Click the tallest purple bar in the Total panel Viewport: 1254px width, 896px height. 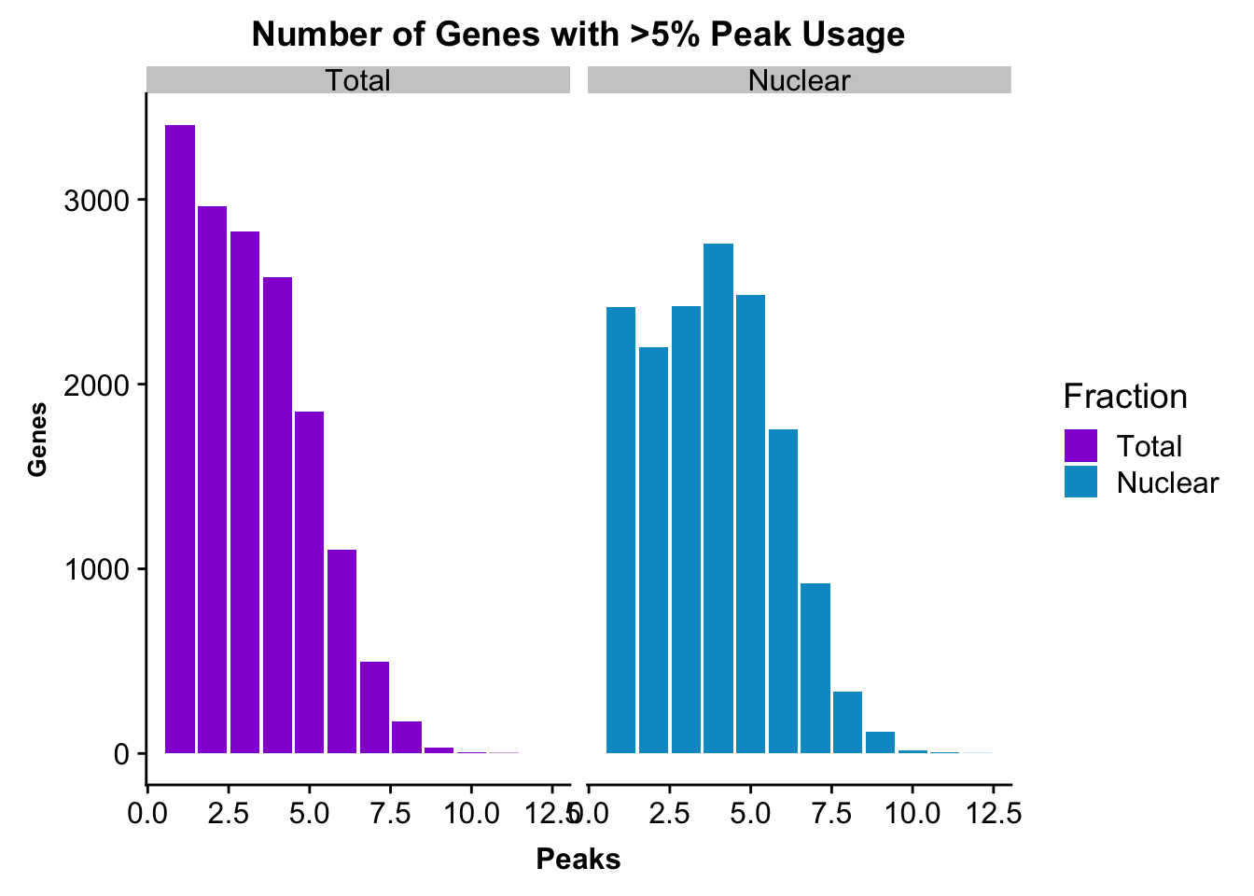[180, 439]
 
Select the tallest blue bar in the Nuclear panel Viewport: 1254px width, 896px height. [718, 498]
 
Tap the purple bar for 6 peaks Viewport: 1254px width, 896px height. [342, 651]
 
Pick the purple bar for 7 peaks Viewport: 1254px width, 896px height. [374, 707]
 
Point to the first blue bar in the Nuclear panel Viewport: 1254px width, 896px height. [620, 530]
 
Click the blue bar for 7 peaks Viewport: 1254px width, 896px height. [815, 668]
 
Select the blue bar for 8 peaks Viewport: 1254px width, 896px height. [847, 722]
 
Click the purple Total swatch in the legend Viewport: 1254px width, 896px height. [1080, 446]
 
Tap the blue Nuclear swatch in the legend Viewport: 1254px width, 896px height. [1080, 482]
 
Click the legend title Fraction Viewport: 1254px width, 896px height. [1125, 397]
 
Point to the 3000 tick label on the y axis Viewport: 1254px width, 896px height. [97, 201]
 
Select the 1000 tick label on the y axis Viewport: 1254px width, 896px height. [97, 569]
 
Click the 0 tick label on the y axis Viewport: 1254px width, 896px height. [121, 754]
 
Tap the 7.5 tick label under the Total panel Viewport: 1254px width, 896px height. [390, 813]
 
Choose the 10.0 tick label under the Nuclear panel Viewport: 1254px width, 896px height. [912, 813]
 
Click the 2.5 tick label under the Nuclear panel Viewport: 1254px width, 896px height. [669, 813]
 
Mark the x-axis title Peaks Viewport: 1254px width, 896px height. [578, 859]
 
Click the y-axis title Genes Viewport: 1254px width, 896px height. [37, 440]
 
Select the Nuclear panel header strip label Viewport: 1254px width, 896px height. [799, 80]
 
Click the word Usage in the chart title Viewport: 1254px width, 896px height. [853, 35]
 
